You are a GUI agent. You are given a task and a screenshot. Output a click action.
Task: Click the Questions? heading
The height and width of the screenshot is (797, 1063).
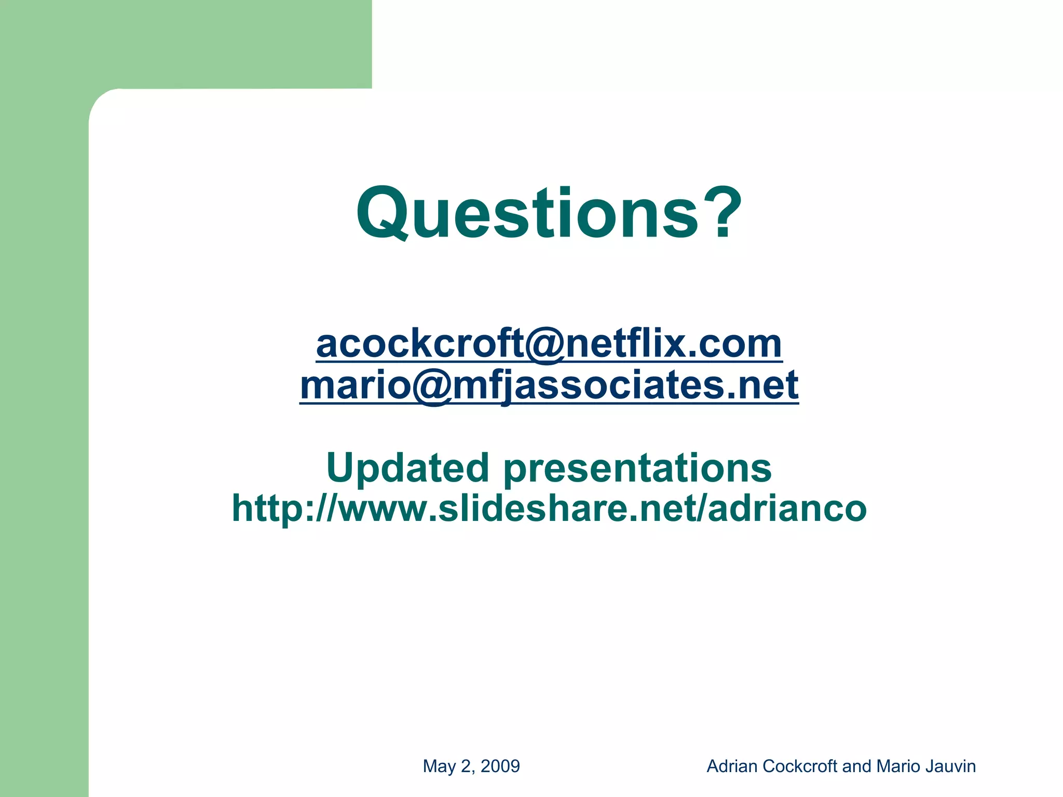pyautogui.click(x=549, y=214)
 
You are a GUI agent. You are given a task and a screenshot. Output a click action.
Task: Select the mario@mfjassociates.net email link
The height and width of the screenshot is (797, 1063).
pyautogui.click(x=549, y=386)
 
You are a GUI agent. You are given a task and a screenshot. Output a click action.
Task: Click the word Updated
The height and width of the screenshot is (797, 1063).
pyautogui.click(x=408, y=468)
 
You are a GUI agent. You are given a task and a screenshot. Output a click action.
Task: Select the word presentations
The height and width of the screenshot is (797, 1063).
pyautogui.click(x=637, y=469)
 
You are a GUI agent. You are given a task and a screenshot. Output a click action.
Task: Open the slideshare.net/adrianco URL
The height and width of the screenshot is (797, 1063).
pyautogui.click(x=549, y=508)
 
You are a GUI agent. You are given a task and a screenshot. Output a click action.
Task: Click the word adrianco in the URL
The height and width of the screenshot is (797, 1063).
pyautogui.click(x=787, y=508)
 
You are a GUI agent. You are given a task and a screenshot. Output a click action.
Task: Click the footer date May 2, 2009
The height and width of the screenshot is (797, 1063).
pyautogui.click(x=471, y=766)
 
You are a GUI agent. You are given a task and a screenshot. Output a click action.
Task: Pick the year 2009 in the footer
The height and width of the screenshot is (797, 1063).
pyautogui.click(x=500, y=766)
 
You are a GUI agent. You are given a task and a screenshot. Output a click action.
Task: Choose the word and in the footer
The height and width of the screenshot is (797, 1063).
pyautogui.click(x=857, y=766)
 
